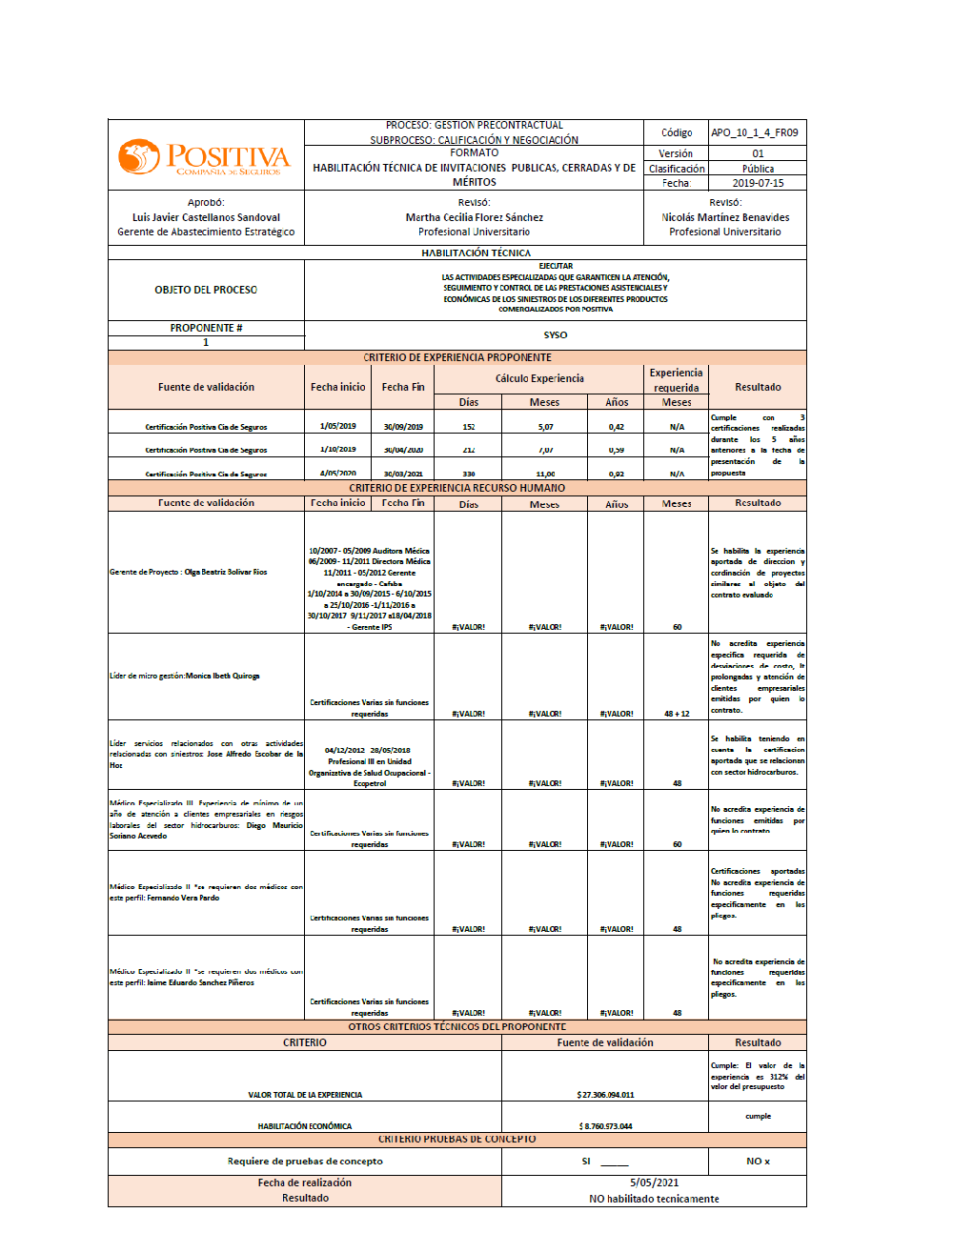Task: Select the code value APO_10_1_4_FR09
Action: click(x=754, y=133)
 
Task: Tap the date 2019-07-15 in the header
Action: click(x=758, y=183)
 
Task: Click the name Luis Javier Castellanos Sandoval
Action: click(x=206, y=217)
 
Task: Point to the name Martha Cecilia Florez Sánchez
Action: click(x=474, y=217)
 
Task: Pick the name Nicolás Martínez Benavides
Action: click(x=725, y=217)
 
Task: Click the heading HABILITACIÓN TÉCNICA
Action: click(x=476, y=253)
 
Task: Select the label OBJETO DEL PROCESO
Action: click(x=206, y=290)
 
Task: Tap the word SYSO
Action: click(x=555, y=335)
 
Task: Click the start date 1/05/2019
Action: click(x=338, y=426)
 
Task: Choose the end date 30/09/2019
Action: click(x=403, y=427)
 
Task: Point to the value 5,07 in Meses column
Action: click(x=545, y=427)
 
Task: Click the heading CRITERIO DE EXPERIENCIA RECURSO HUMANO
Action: click(x=456, y=488)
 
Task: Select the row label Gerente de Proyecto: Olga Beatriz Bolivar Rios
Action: click(x=189, y=572)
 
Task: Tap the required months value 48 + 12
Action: click(x=677, y=714)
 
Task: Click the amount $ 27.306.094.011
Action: click(x=605, y=1095)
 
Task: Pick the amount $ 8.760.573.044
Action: click(x=605, y=1126)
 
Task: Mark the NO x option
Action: click(x=758, y=1162)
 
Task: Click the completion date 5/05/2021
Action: click(x=654, y=1182)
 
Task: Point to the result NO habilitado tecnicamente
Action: click(x=654, y=1199)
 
